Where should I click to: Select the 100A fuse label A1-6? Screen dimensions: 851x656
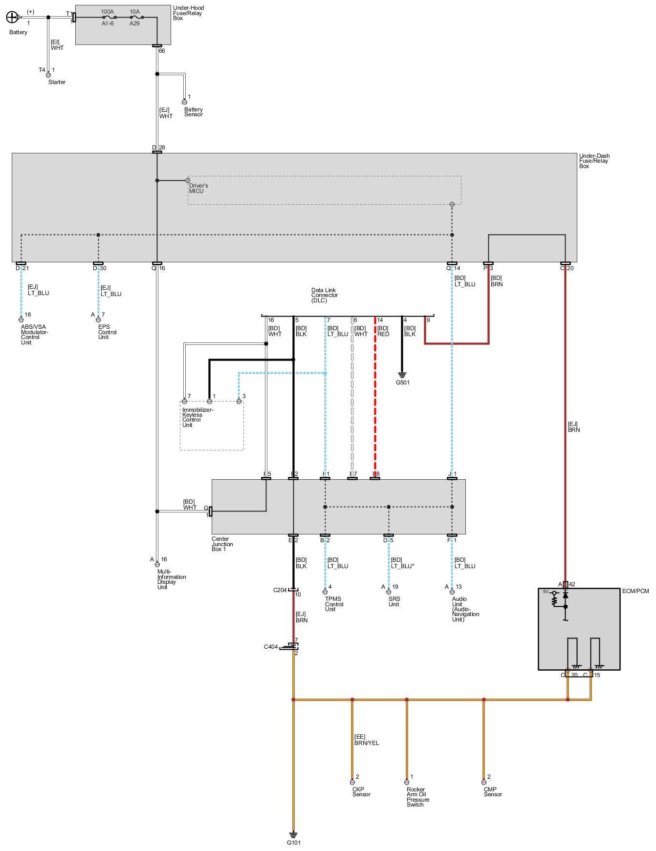click(x=108, y=23)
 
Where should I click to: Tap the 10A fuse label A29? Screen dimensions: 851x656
click(x=134, y=23)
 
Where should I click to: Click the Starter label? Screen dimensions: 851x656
click(x=57, y=82)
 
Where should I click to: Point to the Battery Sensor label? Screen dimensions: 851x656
click(x=194, y=112)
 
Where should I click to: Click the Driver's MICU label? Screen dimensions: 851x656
click(x=198, y=188)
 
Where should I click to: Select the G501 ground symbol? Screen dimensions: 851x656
click(x=402, y=375)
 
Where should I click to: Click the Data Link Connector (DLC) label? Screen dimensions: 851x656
click(x=325, y=295)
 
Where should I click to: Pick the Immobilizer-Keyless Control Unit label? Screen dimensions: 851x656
click(x=197, y=417)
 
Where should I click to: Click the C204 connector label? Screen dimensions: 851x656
click(x=280, y=590)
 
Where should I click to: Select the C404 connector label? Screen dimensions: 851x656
click(x=271, y=647)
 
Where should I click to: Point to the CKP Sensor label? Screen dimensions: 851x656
click(x=361, y=792)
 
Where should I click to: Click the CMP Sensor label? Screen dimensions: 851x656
click(x=493, y=792)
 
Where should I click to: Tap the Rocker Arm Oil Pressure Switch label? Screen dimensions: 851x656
click(x=418, y=797)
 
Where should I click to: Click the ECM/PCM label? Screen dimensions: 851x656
click(x=635, y=591)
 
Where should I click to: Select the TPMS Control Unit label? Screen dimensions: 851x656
click(x=334, y=604)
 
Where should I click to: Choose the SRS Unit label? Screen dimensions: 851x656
click(x=394, y=601)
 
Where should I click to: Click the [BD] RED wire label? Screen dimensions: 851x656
click(x=383, y=331)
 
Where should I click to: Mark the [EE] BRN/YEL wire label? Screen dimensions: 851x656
click(x=366, y=740)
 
